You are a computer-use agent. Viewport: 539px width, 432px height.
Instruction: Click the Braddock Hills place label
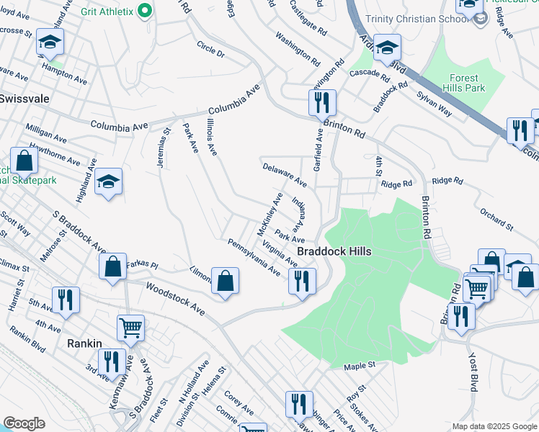(x=334, y=251)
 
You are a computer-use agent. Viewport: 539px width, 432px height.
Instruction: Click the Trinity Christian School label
(x=416, y=19)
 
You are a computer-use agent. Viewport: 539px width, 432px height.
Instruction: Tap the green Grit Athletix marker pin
(x=144, y=10)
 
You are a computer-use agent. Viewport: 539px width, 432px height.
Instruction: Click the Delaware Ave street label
(x=285, y=174)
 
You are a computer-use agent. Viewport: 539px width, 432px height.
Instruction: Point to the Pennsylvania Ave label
(x=254, y=258)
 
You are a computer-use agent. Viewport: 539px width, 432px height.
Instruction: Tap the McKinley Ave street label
(x=269, y=214)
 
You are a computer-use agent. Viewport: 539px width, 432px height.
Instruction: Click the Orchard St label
(x=496, y=220)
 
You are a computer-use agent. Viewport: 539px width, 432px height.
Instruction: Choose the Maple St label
(x=360, y=366)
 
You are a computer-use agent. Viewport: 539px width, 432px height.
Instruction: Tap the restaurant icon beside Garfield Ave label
(x=322, y=102)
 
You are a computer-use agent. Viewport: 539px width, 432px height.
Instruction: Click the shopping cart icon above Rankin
(x=130, y=328)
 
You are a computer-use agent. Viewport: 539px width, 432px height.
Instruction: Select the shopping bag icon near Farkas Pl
(x=113, y=267)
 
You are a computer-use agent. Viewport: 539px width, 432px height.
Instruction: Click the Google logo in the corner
(x=24, y=423)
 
